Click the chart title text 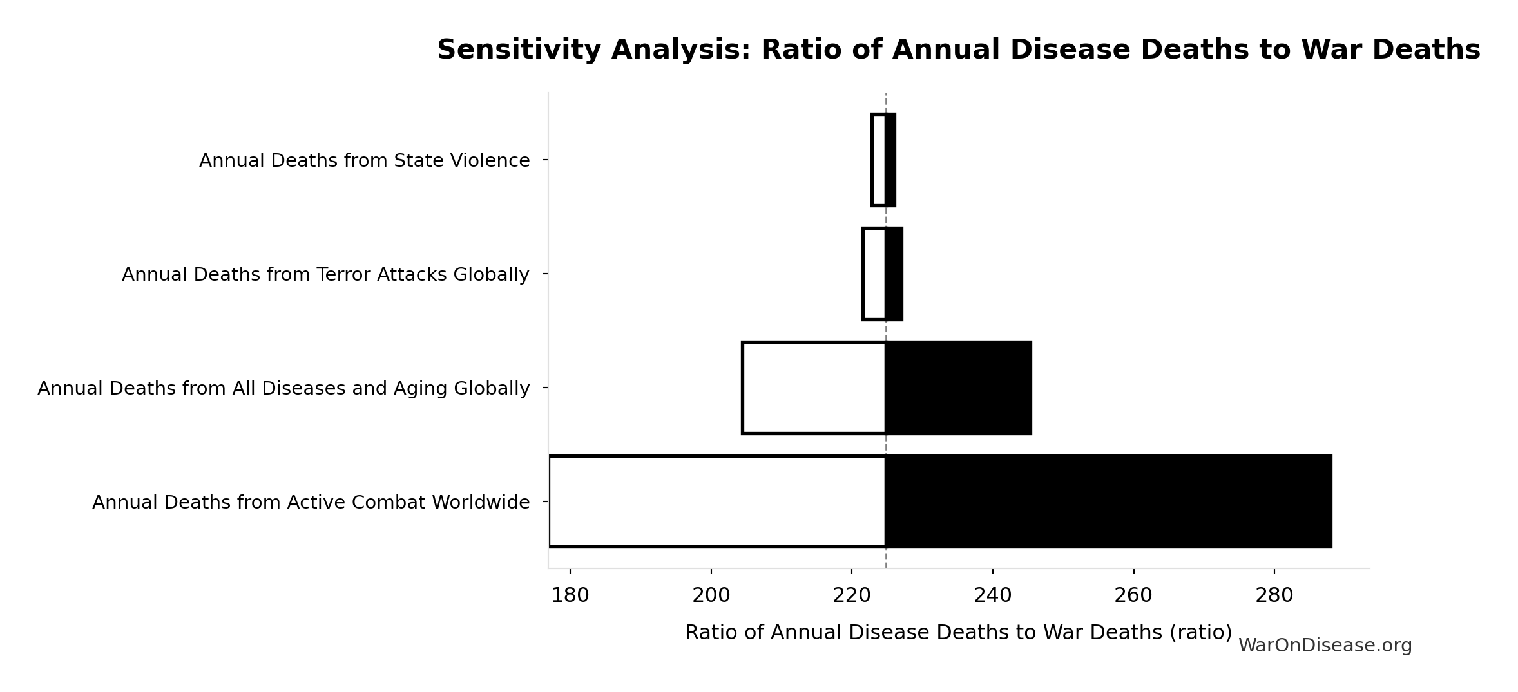[x=958, y=50]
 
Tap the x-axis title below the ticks [x=958, y=633]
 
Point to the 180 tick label [x=570, y=596]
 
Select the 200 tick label [x=711, y=596]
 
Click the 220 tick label [x=852, y=596]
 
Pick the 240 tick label [x=993, y=596]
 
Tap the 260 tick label [x=1133, y=596]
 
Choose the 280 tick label [x=1274, y=596]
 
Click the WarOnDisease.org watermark [x=1325, y=646]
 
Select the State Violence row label [x=364, y=160]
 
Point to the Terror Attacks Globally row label [x=325, y=275]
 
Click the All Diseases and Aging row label [x=283, y=389]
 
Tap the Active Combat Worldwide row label [x=311, y=503]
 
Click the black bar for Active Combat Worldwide [x=1108, y=501]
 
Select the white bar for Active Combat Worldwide [x=717, y=501]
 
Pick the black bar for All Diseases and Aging [x=959, y=388]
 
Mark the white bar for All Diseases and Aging [x=814, y=388]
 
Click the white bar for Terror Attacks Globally [x=874, y=274]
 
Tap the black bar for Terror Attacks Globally [x=894, y=274]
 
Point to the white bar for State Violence [x=879, y=160]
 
